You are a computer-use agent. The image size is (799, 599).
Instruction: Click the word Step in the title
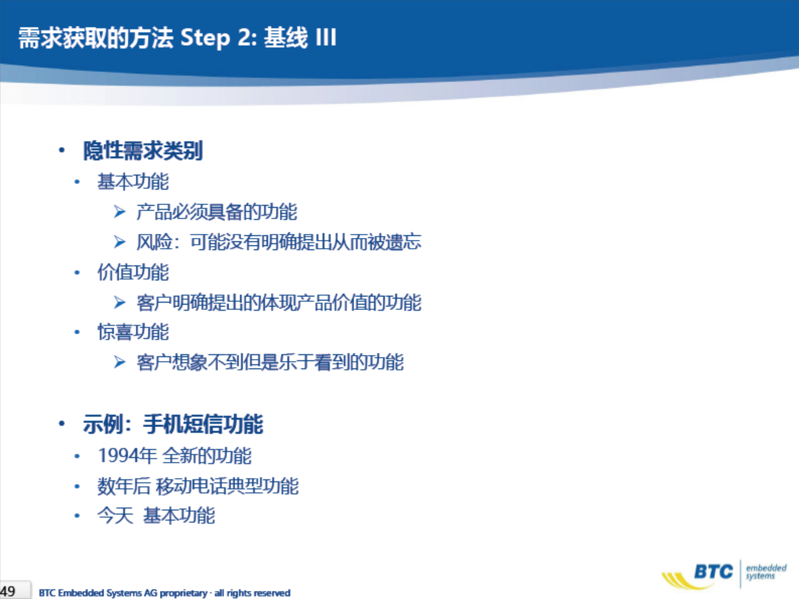click(x=205, y=38)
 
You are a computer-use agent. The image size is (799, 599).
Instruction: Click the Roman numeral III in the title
click(x=326, y=37)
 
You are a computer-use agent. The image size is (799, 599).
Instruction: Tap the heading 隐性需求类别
click(x=143, y=151)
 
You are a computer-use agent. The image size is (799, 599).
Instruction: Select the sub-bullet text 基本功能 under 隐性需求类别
click(x=133, y=182)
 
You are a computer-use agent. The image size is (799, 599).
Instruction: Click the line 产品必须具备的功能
click(x=216, y=212)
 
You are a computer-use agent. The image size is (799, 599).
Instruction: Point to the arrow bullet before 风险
click(x=120, y=241)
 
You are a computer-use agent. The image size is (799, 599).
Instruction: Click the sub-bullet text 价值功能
click(x=133, y=272)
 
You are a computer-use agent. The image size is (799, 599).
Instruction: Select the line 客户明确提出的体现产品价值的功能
click(x=279, y=303)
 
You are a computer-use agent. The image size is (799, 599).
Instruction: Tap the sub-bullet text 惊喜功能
click(x=133, y=332)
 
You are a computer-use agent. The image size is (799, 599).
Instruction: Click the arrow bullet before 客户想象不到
click(x=120, y=362)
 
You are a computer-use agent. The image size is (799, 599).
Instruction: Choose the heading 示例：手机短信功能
click(x=173, y=424)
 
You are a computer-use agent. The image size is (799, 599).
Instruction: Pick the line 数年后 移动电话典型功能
click(x=198, y=486)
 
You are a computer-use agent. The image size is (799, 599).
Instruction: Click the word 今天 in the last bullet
click(x=115, y=516)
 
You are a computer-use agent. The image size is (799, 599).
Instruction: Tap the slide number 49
click(x=7, y=592)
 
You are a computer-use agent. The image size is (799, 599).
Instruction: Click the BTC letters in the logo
click(x=714, y=571)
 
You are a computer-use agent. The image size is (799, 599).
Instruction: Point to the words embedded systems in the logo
click(x=766, y=572)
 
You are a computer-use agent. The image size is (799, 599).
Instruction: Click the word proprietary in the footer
click(x=183, y=593)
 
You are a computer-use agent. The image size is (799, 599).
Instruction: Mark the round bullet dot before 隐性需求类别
click(x=62, y=151)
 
